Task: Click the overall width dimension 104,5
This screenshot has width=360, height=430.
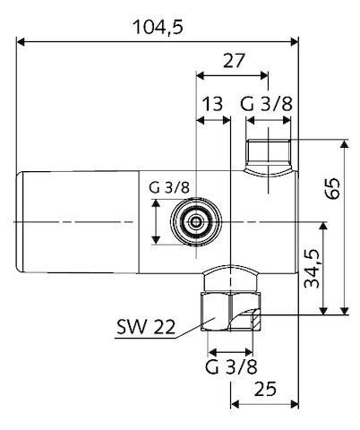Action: (158, 27)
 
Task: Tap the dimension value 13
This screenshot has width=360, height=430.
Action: (212, 105)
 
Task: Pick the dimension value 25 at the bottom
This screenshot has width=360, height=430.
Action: (264, 389)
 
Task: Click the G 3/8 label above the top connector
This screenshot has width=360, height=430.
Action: (267, 105)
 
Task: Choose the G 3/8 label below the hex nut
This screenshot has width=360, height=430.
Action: (232, 366)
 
